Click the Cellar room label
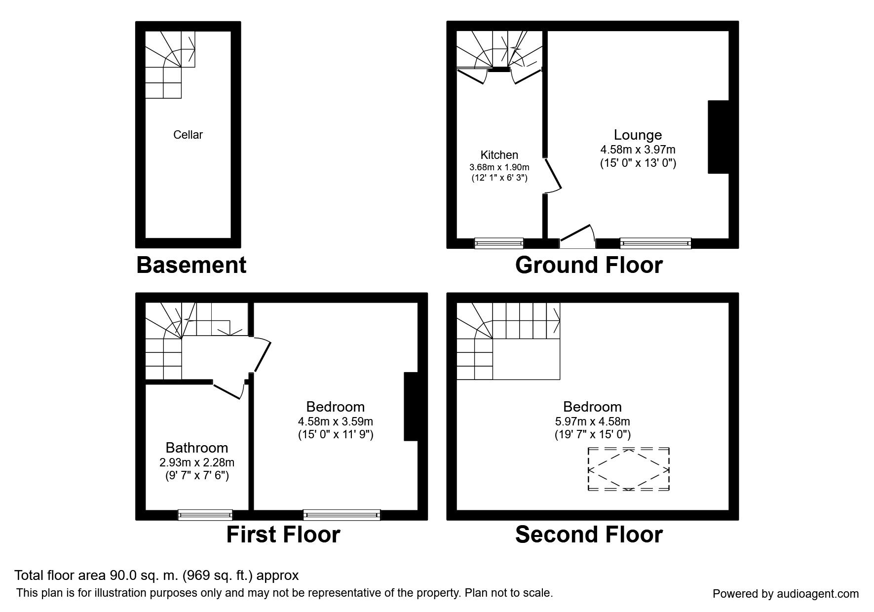tap(188, 135)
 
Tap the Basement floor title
tap(191, 265)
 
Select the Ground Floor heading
tap(589, 265)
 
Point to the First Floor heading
tap(283, 535)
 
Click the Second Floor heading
tap(589, 535)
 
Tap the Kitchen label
tap(499, 155)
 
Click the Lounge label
tap(638, 135)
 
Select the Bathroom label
tap(197, 448)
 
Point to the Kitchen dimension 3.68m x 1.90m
tap(499, 167)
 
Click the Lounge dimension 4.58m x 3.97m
tap(638, 149)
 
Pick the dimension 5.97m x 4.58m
tap(592, 421)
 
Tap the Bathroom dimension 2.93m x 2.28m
tap(197, 462)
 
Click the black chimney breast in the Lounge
tap(719, 137)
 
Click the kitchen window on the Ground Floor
tap(498, 242)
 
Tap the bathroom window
tap(205, 515)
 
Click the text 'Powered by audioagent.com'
tap(786, 594)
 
